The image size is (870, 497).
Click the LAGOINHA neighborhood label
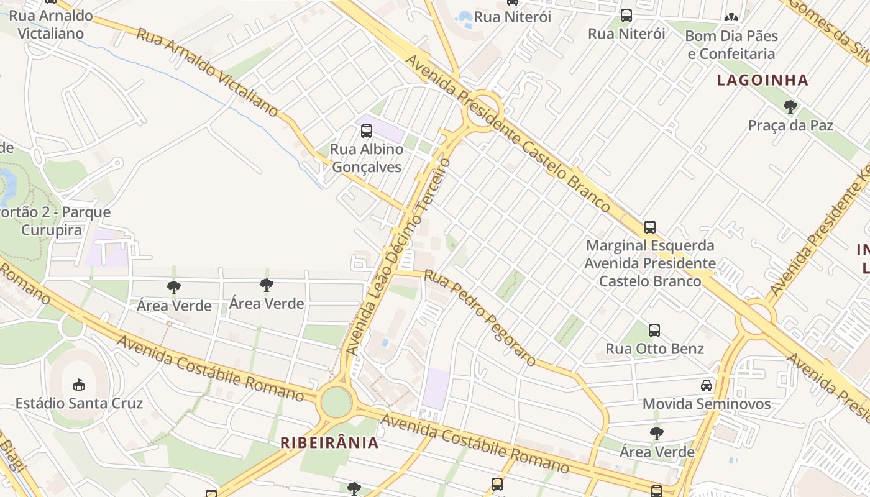[762, 80]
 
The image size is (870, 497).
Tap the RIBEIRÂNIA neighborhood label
[329, 442]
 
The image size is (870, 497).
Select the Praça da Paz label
[790, 125]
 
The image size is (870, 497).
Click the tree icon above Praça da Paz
[790, 107]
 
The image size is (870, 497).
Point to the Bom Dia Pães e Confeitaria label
[731, 45]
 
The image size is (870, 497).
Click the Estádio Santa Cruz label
[79, 403]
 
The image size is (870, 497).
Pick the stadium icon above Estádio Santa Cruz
[79, 385]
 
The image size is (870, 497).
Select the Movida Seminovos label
[706, 404]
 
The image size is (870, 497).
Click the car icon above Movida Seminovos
[707, 386]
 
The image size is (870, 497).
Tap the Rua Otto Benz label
[654, 349]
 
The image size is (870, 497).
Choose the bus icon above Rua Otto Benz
[654, 331]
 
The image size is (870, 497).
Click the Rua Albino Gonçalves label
[366, 158]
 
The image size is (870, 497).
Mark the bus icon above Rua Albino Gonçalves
[366, 131]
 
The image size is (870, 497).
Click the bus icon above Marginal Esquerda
[650, 227]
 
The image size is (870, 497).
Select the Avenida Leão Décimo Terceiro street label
[398, 257]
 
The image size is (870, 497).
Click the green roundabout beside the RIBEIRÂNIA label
[336, 401]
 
